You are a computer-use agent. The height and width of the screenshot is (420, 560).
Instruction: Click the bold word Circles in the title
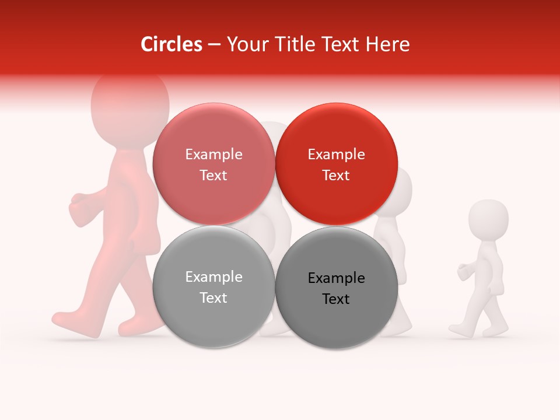pos(171,44)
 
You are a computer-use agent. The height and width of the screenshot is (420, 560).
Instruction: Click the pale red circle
pos(213,164)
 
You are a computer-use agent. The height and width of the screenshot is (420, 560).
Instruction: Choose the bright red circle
pos(336,164)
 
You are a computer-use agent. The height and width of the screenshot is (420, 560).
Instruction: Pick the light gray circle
pos(213,287)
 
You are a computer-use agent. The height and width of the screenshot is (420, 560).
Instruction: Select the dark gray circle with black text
pos(336,288)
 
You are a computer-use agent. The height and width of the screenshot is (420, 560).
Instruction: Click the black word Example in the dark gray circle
pos(336,278)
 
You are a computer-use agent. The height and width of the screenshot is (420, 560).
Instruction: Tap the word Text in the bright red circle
pos(336,176)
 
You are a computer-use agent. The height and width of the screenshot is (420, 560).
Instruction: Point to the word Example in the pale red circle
pos(213,155)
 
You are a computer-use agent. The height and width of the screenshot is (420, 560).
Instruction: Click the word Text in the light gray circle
pos(213,298)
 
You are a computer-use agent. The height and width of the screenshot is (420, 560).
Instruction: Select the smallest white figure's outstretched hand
pos(466,270)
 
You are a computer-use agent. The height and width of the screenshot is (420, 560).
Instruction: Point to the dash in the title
pos(214,45)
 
